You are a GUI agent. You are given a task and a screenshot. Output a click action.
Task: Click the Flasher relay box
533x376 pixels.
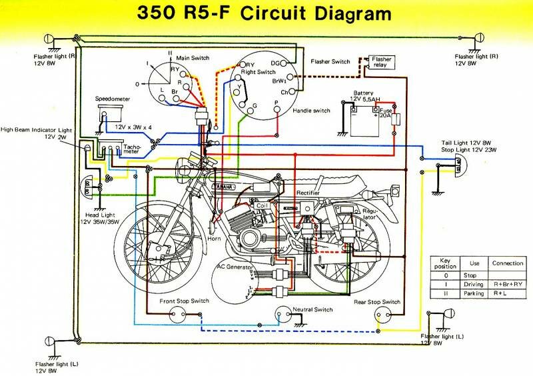point(381,62)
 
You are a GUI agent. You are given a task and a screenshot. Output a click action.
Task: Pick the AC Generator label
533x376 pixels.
point(234,266)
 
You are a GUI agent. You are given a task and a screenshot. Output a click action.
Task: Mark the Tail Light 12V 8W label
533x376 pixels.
point(466,143)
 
